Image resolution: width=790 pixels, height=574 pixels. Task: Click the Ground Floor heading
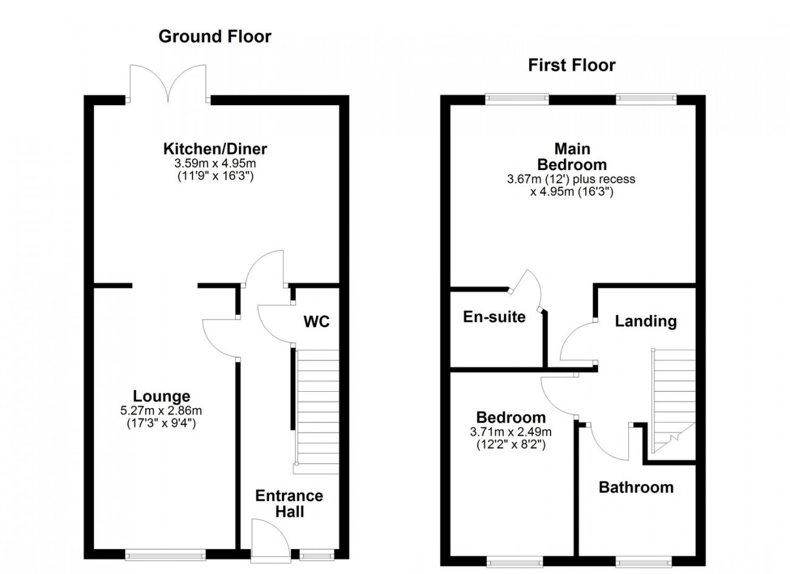coord(215,36)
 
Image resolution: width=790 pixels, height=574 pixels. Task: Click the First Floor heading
coord(572,65)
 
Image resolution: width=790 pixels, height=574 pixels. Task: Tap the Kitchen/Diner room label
coord(215,149)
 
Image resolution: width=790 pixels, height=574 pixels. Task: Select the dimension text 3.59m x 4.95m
coord(215,163)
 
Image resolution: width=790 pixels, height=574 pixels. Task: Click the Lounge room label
coord(162,396)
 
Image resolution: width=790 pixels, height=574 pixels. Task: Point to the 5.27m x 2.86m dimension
coord(161,411)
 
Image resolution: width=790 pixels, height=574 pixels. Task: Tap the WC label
coord(317,321)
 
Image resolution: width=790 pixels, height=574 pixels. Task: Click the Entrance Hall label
coord(289,504)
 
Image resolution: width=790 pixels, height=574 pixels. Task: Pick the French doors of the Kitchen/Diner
coord(168,84)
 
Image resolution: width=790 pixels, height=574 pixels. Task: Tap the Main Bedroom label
coord(572,157)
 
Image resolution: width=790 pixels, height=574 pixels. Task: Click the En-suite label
coord(494,317)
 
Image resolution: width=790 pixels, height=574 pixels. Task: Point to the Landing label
coord(646,321)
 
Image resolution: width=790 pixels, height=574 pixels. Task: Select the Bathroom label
coord(636,488)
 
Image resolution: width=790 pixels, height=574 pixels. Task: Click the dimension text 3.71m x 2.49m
coord(511,431)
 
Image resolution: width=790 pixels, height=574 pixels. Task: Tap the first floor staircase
coord(673,401)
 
